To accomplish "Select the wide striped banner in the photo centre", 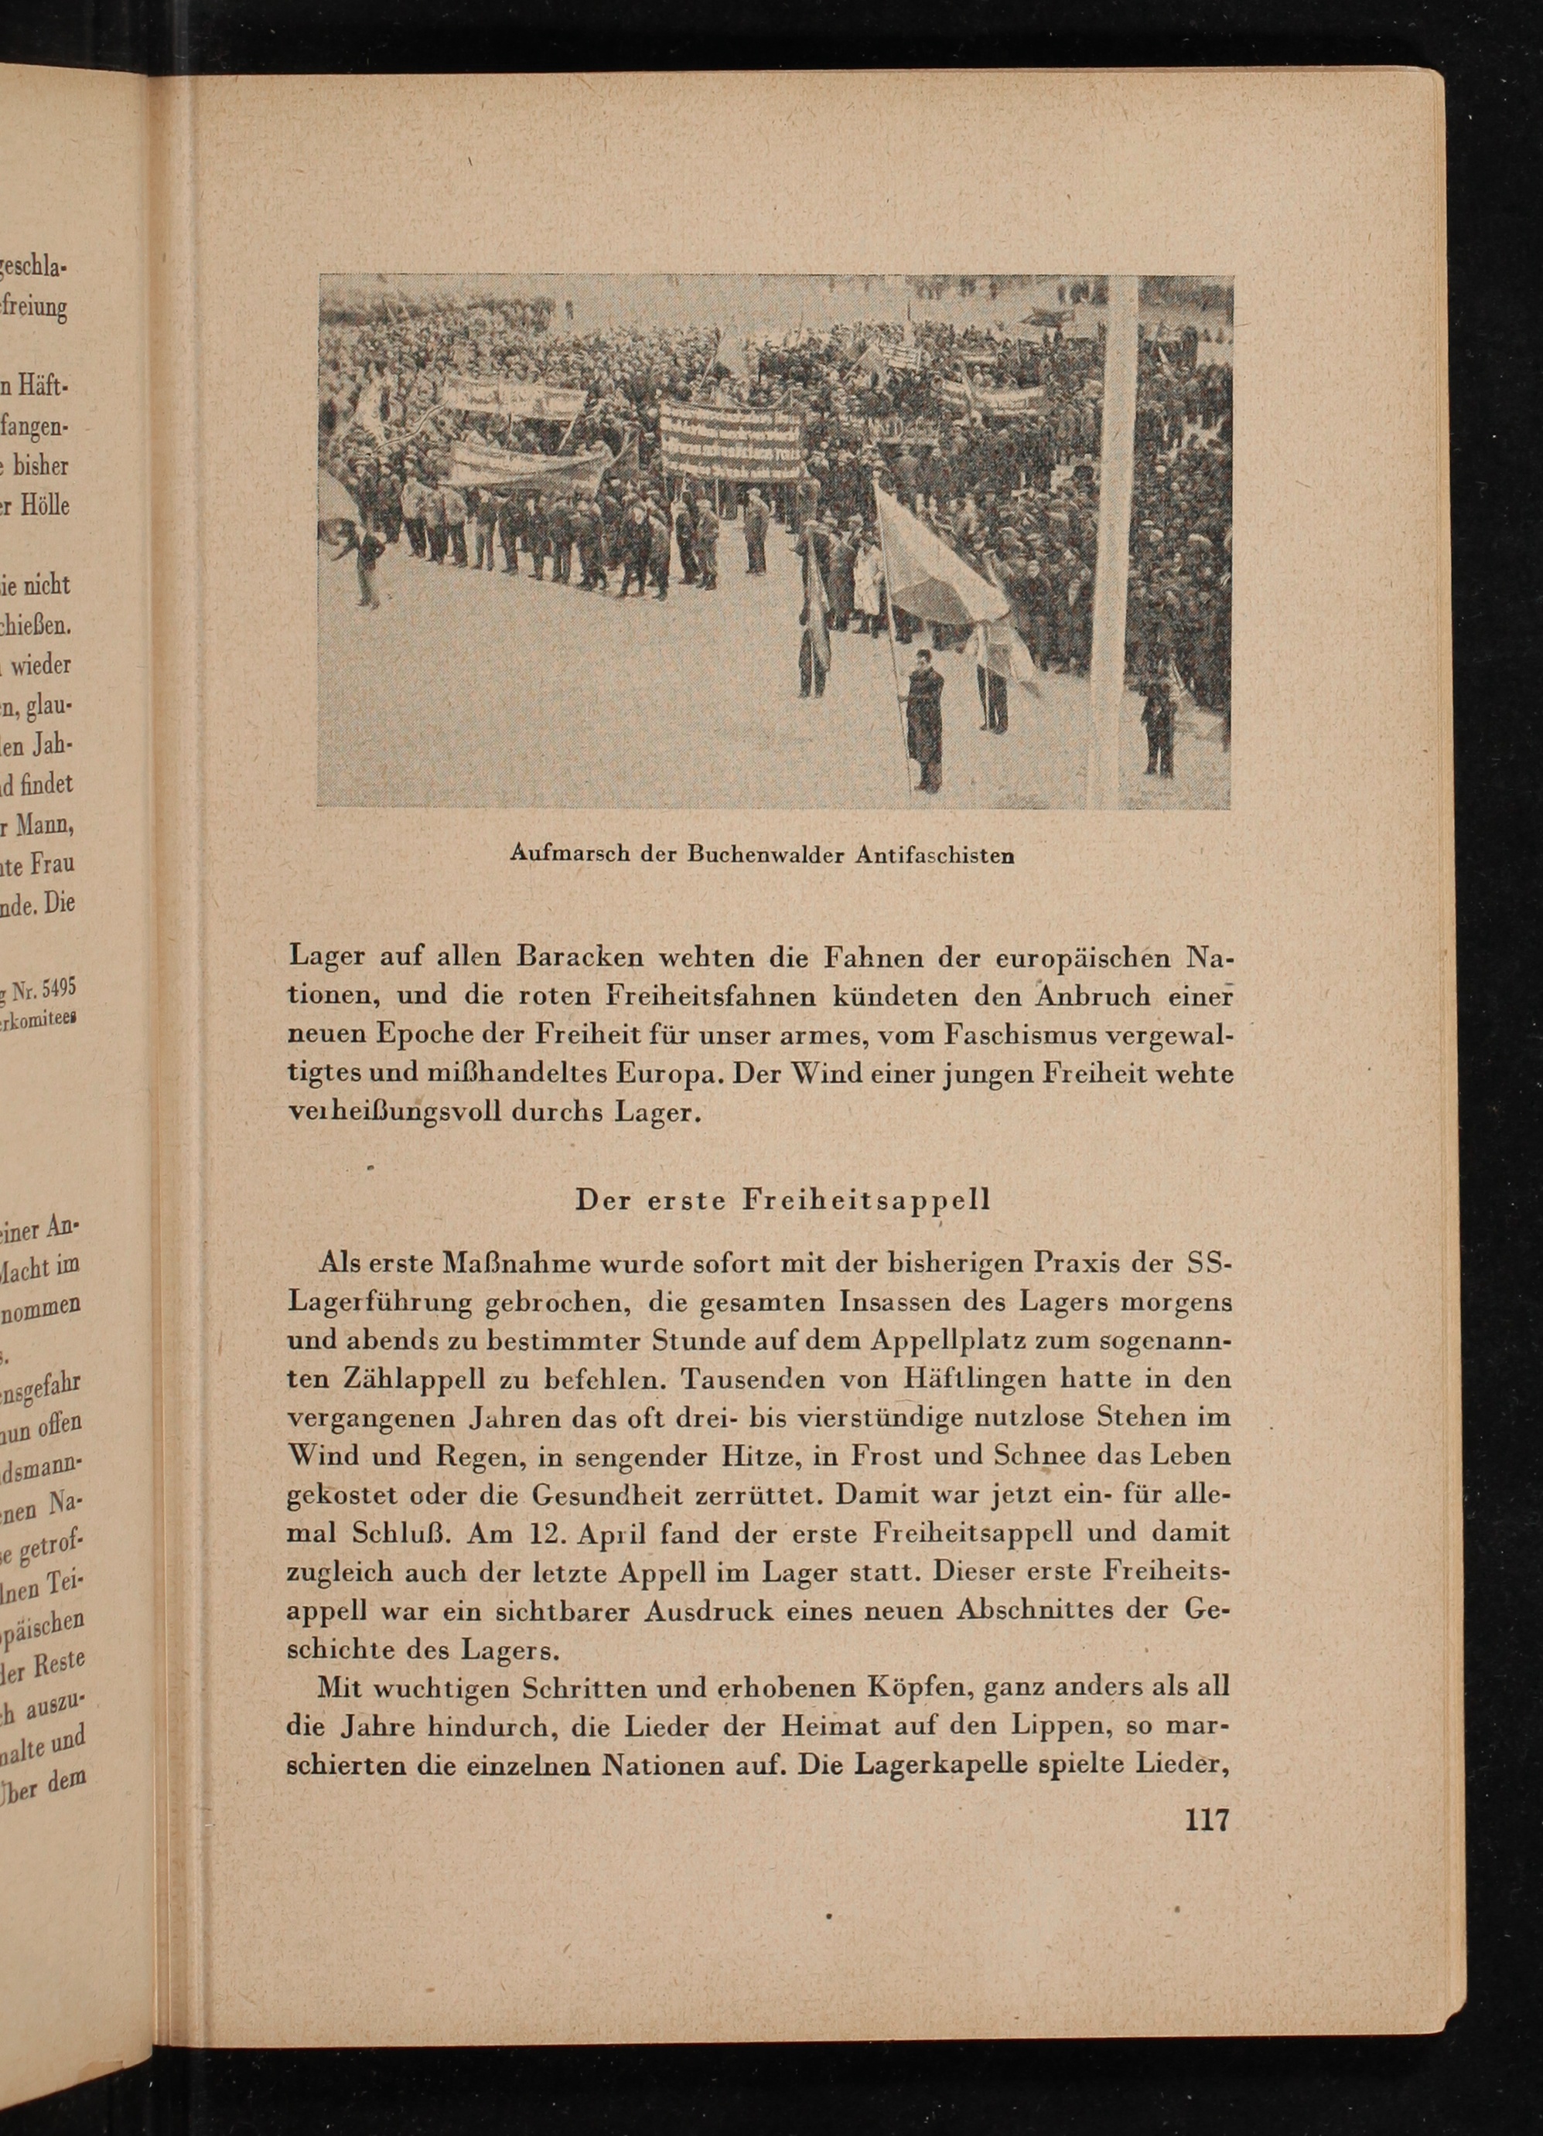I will click(732, 440).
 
